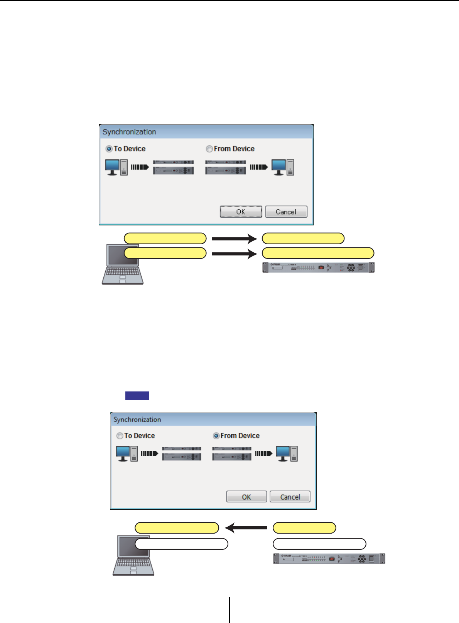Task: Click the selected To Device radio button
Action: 109,149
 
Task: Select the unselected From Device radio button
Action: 209,149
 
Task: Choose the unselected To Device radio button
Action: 120,436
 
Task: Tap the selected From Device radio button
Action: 216,436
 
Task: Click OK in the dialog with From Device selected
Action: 246,497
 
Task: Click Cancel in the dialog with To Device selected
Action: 286,212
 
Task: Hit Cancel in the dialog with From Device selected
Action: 290,497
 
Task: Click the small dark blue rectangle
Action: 137,395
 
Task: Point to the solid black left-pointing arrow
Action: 246,527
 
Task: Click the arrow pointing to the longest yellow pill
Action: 234,254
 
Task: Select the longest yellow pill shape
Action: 318,253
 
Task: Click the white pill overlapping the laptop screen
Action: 181,544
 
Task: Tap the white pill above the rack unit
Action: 319,544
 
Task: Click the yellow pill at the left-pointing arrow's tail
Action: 304,527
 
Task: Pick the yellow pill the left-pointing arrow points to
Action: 177,527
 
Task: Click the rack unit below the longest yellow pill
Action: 318,267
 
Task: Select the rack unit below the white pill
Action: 329,559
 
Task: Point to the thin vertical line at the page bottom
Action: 229,610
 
